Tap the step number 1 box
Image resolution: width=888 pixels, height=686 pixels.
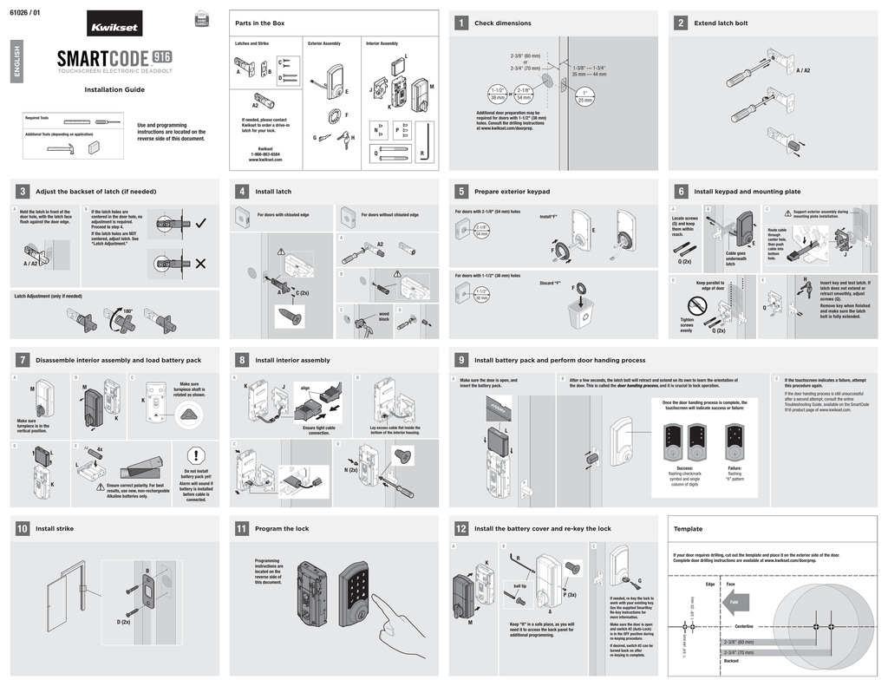point(460,23)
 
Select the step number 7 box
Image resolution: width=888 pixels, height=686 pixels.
point(22,360)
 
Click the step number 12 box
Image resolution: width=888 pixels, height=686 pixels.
point(460,528)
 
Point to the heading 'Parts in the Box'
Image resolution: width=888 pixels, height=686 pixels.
point(260,23)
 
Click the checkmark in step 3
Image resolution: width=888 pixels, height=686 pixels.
point(201,223)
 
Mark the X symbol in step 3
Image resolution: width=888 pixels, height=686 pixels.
point(201,264)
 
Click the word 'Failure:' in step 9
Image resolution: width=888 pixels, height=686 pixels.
point(735,467)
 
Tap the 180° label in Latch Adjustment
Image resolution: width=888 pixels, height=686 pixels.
point(127,310)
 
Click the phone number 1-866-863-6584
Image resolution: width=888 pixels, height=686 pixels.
point(266,154)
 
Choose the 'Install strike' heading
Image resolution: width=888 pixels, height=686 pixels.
point(55,528)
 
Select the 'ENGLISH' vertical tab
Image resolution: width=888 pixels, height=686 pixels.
point(15,63)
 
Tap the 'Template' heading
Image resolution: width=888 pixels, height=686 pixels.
point(689,528)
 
